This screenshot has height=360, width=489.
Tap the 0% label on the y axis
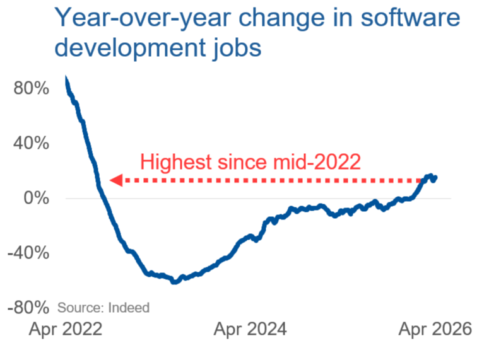click(x=37, y=198)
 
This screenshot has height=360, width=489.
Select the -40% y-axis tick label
click(x=28, y=253)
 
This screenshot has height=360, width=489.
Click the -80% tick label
click(x=28, y=308)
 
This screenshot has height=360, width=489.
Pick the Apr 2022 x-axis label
click(x=66, y=329)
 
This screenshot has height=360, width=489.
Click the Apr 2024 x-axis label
click(x=250, y=329)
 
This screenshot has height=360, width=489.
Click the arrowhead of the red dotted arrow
click(x=115, y=181)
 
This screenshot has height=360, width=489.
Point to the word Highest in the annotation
click(x=175, y=161)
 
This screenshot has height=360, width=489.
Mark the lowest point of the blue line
click(x=175, y=282)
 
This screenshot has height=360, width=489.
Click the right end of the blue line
click(x=435, y=178)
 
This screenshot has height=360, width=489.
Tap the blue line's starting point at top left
click(x=66, y=79)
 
